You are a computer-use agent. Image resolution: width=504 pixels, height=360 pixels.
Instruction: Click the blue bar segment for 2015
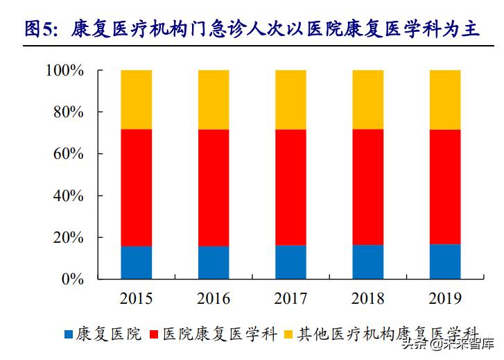(x=137, y=263)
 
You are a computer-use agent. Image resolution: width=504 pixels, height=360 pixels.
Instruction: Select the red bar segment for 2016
(x=214, y=187)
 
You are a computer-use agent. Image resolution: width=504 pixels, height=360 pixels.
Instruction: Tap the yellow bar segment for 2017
(x=291, y=99)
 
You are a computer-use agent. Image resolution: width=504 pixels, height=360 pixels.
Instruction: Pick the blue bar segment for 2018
(x=368, y=262)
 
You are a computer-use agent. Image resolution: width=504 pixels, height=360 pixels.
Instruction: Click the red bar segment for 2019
(x=445, y=187)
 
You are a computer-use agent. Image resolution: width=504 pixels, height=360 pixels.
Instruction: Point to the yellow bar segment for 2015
(x=137, y=99)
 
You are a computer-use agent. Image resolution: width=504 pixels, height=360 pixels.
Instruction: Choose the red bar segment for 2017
(x=291, y=187)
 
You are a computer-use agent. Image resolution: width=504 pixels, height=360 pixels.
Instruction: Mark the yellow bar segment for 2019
(x=445, y=99)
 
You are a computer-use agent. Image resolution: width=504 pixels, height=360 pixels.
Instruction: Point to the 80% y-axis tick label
(x=69, y=112)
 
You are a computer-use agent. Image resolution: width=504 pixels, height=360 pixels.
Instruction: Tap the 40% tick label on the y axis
(x=69, y=196)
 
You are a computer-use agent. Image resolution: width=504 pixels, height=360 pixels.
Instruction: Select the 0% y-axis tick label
(x=73, y=279)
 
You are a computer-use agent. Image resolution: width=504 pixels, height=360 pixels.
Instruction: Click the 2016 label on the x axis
(x=214, y=299)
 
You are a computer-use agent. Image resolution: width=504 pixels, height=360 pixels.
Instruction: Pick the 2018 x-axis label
(x=368, y=299)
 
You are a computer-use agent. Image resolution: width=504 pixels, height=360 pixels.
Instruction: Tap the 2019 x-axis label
(x=445, y=299)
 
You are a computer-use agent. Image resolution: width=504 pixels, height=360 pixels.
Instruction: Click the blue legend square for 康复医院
(x=69, y=335)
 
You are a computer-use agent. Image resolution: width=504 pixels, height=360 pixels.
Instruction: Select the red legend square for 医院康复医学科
(x=154, y=335)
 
